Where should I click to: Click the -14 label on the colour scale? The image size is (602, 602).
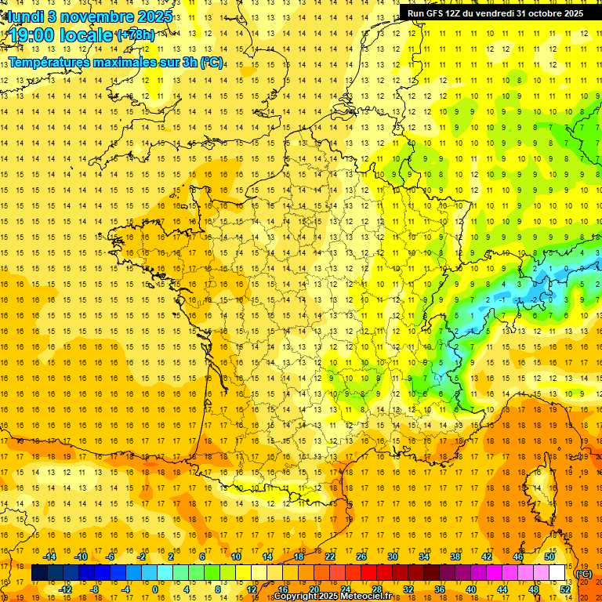pyautogui.click(x=50, y=557)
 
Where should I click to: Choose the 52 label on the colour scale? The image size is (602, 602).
pyautogui.click(x=565, y=589)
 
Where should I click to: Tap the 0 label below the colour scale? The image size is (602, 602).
pyautogui.click(x=154, y=589)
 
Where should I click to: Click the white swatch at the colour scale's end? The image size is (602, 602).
pyautogui.click(x=557, y=573)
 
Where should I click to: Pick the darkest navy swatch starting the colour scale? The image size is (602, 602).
pyautogui.click(x=39, y=573)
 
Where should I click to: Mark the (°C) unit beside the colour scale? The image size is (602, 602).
pyautogui.click(x=583, y=574)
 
